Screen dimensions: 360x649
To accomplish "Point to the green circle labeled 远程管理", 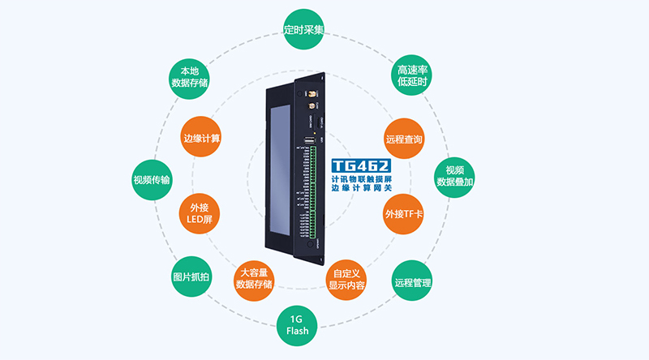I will (412, 282).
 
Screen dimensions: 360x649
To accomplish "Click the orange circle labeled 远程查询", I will (403, 139).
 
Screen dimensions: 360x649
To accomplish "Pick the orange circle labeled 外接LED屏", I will (199, 213).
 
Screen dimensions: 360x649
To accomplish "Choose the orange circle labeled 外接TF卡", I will (405, 214).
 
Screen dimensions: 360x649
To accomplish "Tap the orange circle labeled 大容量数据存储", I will (254, 277).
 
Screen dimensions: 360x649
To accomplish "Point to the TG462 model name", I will (360, 164).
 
